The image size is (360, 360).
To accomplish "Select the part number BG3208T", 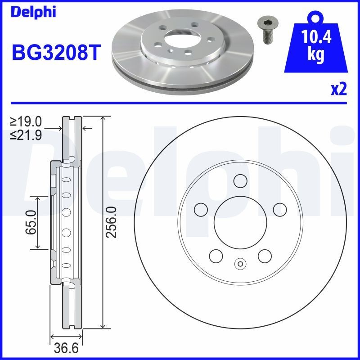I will tap(53, 53).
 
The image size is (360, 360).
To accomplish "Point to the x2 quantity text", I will tap(339, 90).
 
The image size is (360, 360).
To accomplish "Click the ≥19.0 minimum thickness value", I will tap(26, 121).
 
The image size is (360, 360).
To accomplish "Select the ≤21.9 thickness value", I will tap(26, 134).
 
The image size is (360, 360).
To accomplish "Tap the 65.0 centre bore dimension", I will tap(31, 222).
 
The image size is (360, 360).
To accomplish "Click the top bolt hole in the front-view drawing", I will tap(240, 180).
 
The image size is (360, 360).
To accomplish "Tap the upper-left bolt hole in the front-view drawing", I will tap(201, 209).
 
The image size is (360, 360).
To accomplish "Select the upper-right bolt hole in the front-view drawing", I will tap(280, 209).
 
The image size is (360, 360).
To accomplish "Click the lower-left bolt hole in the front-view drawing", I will tap(216, 256).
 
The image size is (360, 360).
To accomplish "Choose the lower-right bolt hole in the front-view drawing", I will tap(265, 256).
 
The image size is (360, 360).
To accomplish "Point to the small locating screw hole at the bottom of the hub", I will tap(240, 264).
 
